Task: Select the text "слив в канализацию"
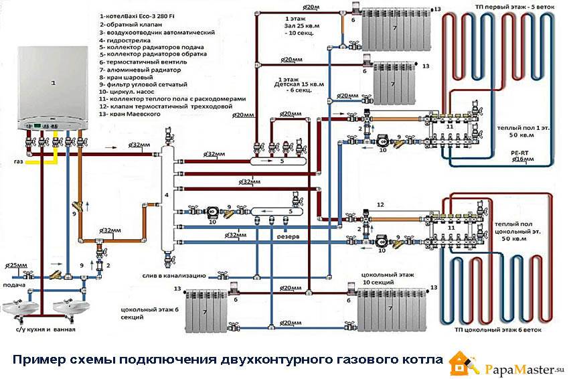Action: click(176, 275)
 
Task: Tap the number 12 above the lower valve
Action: click(380, 204)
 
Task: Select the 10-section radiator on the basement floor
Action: click(388, 309)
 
